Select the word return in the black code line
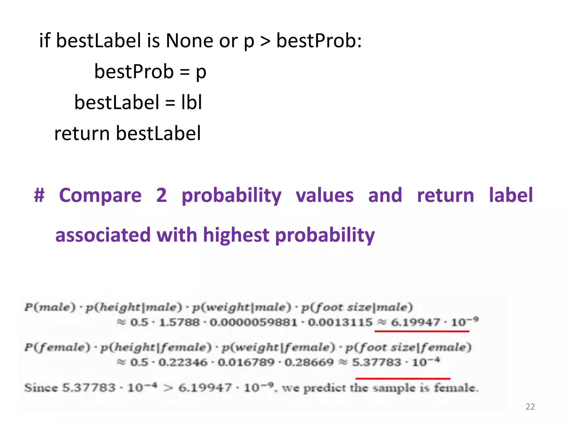82,133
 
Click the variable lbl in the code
191,102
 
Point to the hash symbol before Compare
39,195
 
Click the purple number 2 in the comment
161,195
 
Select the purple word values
325,195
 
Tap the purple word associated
103,235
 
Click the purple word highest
236,235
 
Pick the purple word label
511,195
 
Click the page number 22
530,407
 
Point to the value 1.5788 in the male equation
179,322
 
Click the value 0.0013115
340,322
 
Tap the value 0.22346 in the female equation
183,362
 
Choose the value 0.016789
246,362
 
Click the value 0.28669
309,362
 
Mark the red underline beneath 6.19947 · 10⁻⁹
422,331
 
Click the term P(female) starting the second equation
57,347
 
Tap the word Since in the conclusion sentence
41,387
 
